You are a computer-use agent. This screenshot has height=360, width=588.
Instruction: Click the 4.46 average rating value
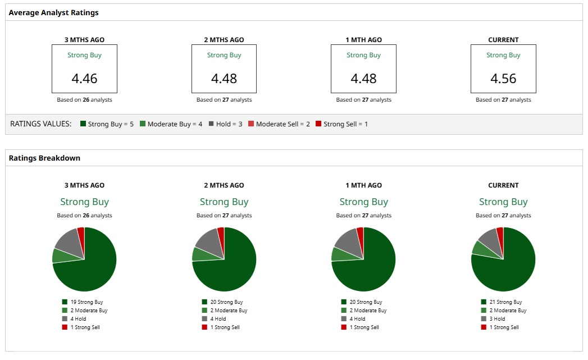[x=84, y=78]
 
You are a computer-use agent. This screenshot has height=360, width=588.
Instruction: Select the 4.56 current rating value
[x=503, y=78]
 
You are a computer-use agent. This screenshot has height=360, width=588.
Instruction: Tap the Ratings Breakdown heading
[x=44, y=158]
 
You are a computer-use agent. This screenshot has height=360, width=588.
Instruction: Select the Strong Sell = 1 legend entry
[x=341, y=124]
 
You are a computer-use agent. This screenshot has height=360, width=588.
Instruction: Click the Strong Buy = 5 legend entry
[x=107, y=124]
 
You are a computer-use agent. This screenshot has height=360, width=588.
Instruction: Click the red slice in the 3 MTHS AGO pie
[x=81, y=232]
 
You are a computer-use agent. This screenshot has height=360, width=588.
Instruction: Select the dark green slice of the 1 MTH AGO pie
[x=371, y=267]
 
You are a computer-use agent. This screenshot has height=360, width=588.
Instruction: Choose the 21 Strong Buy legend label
[x=505, y=302]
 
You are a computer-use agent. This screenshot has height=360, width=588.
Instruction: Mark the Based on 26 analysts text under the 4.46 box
[x=84, y=100]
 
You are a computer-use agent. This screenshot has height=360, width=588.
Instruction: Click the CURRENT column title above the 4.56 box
[x=503, y=40]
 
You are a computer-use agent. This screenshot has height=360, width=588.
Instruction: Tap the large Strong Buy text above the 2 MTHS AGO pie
[x=224, y=202]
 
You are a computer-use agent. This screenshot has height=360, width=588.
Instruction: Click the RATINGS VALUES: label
[x=41, y=124]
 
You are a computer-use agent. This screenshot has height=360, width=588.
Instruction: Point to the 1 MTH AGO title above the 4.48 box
[x=364, y=40]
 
